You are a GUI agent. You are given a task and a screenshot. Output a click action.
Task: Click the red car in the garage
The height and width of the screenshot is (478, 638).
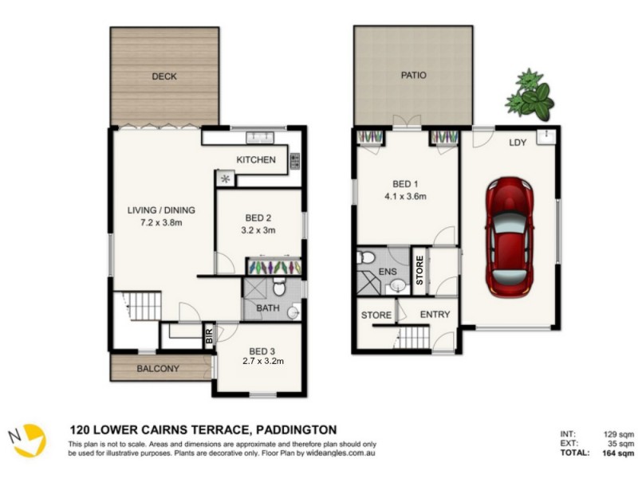pos(510,237)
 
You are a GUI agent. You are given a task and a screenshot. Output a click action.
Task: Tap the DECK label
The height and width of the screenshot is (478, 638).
pos(163,77)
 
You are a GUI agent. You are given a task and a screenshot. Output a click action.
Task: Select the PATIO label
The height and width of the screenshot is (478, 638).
pos(413,76)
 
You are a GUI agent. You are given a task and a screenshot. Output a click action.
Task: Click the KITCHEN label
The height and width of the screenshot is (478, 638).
pos(256,160)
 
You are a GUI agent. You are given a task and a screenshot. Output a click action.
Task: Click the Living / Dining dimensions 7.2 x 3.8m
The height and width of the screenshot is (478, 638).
pos(162,223)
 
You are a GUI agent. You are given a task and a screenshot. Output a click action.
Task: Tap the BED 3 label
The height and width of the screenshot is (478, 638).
pos(262,351)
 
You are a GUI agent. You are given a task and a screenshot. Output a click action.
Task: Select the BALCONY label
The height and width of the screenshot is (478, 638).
pos(157,369)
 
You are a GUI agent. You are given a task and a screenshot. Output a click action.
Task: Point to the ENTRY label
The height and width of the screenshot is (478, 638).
pos(435,315)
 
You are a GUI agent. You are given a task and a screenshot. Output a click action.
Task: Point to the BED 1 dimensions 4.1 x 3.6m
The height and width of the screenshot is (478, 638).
pos(407,195)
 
